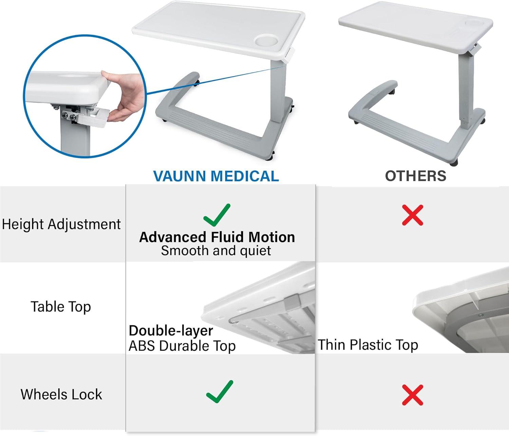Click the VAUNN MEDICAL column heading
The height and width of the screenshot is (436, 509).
point(216,176)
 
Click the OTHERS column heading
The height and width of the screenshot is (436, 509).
point(415,176)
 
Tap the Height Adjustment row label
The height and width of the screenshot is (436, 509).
point(61,224)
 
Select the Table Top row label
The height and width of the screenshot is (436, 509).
point(61,307)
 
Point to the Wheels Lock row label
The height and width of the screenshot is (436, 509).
point(61,394)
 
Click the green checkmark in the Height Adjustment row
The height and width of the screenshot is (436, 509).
point(217,215)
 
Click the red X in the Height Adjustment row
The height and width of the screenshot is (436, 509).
point(412,215)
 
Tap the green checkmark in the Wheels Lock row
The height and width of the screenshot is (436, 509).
point(220,392)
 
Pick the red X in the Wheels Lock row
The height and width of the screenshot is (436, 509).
point(412,395)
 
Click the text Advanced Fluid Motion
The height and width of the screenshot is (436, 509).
point(217,237)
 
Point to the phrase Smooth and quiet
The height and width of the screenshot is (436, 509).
point(216,251)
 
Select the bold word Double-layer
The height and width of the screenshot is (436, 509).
point(171,330)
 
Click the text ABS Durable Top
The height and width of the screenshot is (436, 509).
point(182,346)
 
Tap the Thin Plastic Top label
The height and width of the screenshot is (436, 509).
point(368,345)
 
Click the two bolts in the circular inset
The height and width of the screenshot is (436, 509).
point(68,117)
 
